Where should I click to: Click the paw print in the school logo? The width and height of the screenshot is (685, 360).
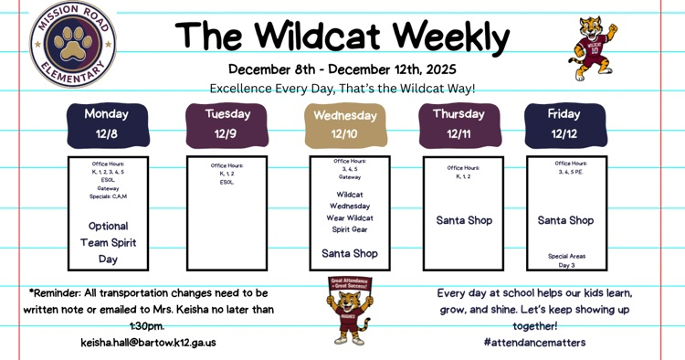[72, 41]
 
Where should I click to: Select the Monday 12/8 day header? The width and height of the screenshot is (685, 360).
[107, 124]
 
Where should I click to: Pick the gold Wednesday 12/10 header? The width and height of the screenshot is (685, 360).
[344, 125]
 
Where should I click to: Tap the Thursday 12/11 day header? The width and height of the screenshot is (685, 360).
[458, 124]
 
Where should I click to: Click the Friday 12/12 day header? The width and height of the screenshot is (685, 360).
[564, 124]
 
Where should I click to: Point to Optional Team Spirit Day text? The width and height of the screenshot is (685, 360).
[108, 242]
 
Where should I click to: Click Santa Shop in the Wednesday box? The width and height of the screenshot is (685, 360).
[349, 253]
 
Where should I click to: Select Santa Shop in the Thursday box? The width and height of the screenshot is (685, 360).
[464, 220]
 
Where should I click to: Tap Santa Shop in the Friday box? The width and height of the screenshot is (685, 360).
[565, 220]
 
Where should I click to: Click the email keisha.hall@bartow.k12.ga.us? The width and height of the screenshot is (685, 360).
[148, 343]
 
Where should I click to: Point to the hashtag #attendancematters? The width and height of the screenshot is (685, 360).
[534, 343]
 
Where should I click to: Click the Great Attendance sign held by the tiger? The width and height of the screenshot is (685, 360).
[348, 284]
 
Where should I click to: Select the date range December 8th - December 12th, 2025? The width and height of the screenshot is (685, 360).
[342, 69]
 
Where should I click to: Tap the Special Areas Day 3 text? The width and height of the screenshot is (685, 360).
[566, 260]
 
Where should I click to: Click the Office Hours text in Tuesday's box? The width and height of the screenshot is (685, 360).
[227, 165]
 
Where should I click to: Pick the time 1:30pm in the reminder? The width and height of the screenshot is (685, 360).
[146, 326]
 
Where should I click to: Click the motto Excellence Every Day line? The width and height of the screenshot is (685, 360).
[342, 89]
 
